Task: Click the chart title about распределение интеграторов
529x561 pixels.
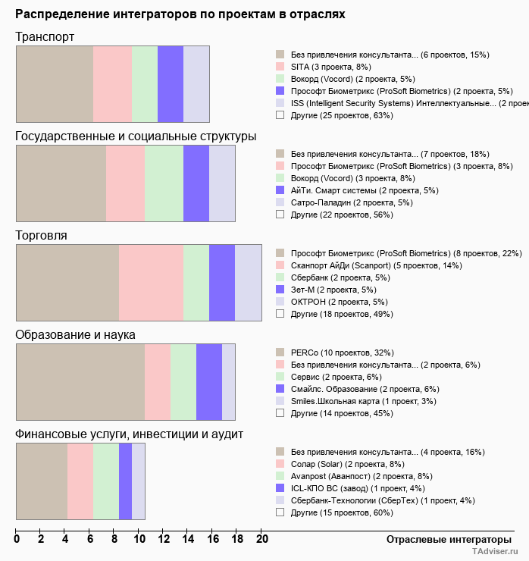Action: pyautogui.click(x=180, y=14)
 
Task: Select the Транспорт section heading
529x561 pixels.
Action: pyautogui.click(x=45, y=37)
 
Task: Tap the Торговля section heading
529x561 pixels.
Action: pyautogui.click(x=42, y=235)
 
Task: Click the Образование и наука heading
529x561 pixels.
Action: pyautogui.click(x=75, y=334)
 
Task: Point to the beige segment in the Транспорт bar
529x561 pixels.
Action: pyautogui.click(x=55, y=83)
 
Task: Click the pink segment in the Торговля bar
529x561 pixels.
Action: pyautogui.click(x=151, y=283)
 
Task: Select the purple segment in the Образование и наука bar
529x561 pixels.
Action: pyautogui.click(x=208, y=381)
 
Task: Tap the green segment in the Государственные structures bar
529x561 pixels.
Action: pyautogui.click(x=164, y=183)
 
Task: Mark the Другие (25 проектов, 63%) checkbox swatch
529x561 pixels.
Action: pyautogui.click(x=280, y=115)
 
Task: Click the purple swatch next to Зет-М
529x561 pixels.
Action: pyautogui.click(x=280, y=290)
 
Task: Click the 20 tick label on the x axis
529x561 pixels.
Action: pyautogui.click(x=261, y=540)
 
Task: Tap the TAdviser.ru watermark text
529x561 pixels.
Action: pyautogui.click(x=496, y=553)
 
